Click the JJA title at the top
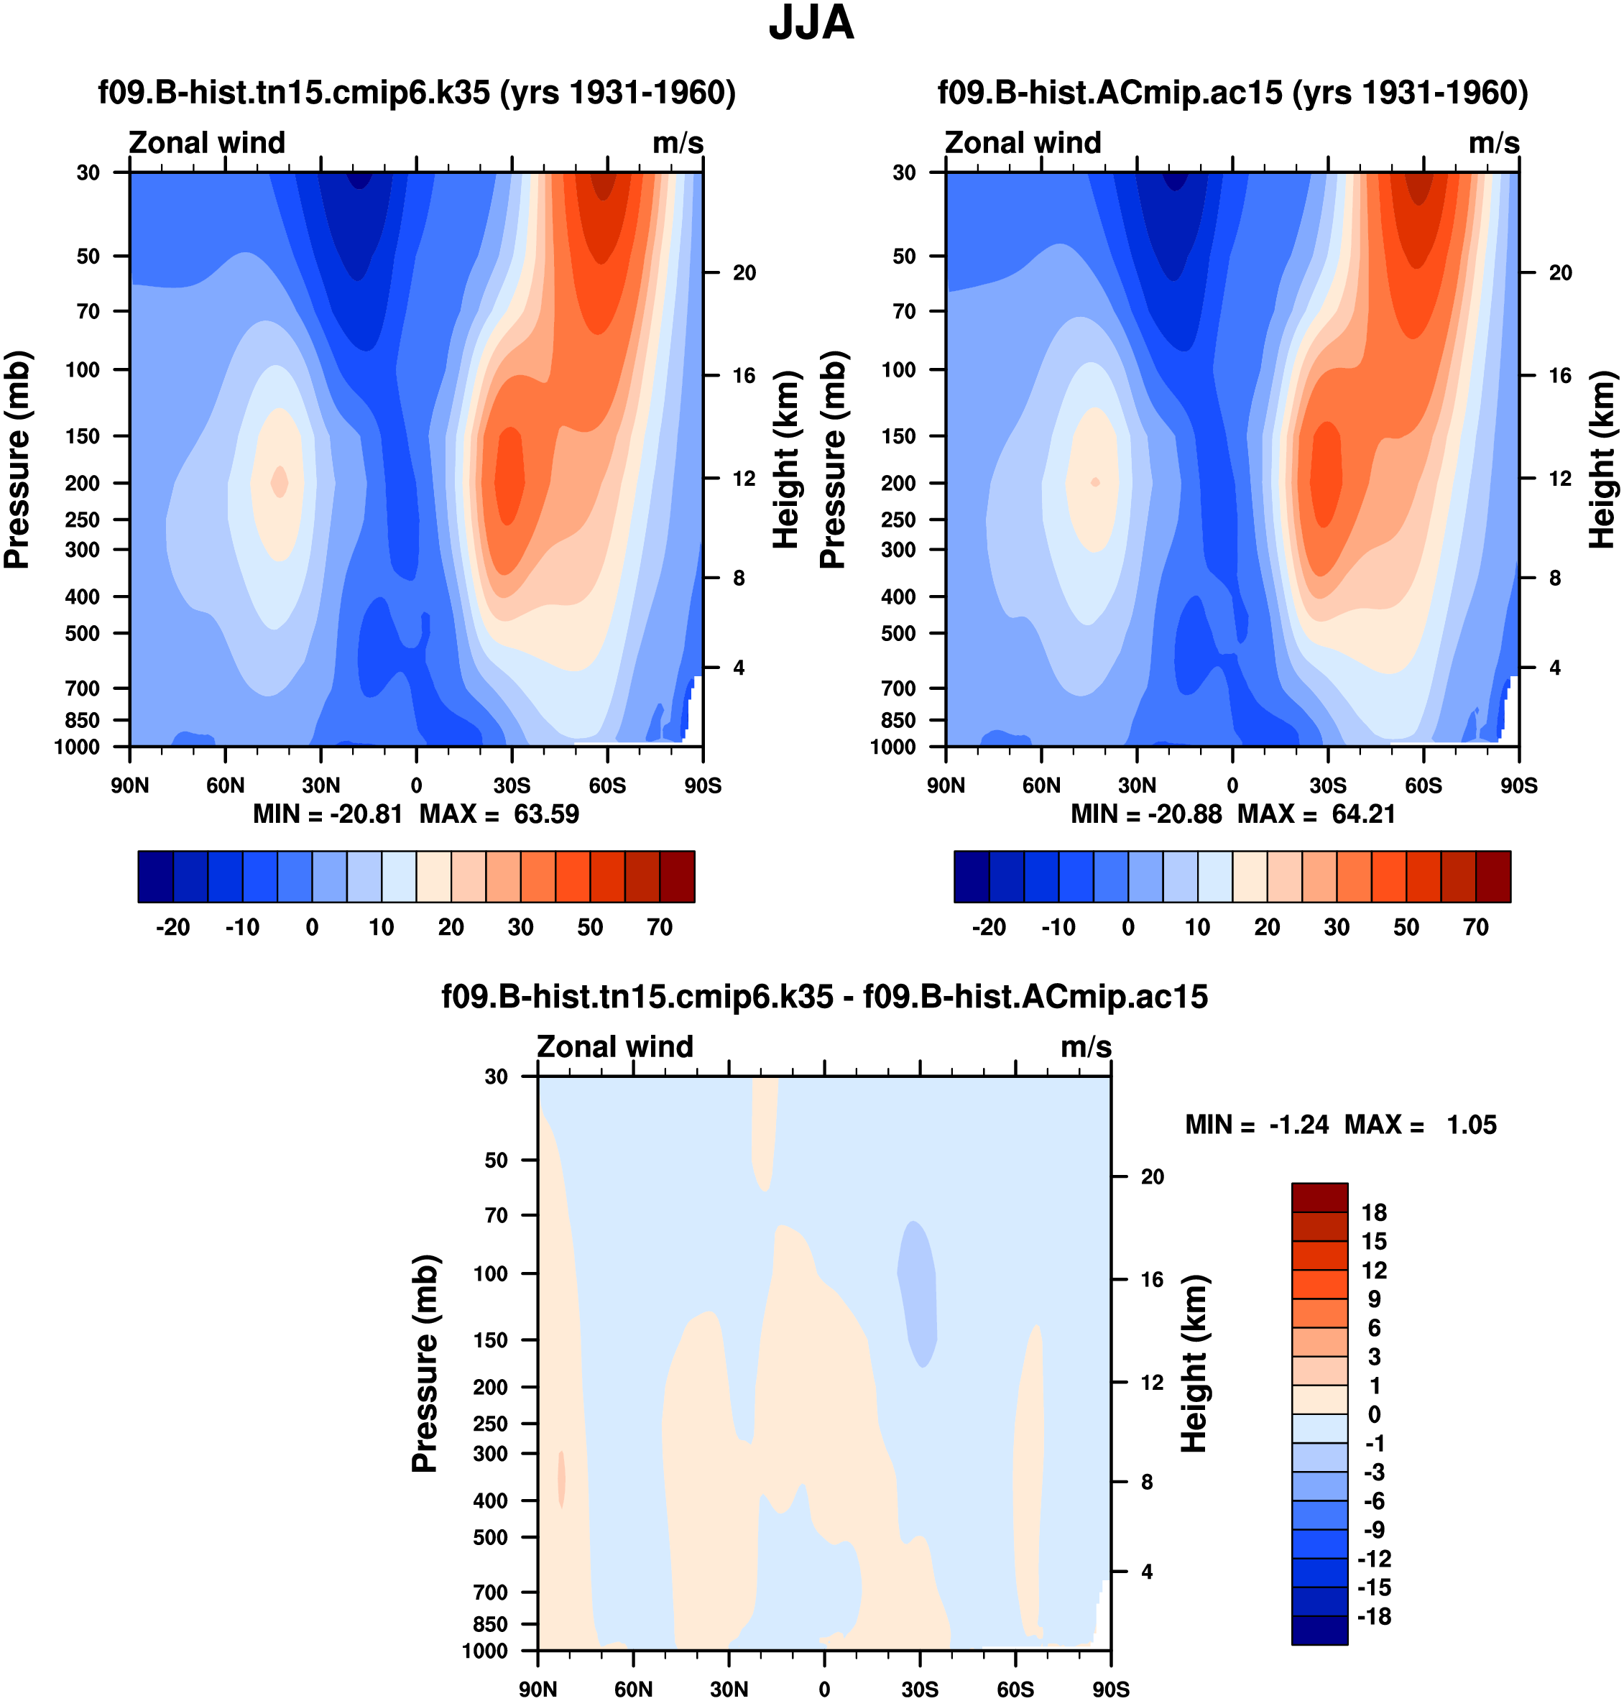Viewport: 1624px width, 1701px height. point(811,24)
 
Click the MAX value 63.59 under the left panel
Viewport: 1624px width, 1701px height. point(545,815)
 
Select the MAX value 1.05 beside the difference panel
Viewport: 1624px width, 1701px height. point(1471,1125)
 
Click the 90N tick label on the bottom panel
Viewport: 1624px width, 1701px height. point(538,1690)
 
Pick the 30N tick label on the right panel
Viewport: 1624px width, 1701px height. point(1137,786)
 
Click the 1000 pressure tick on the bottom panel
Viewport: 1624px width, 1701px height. point(485,1651)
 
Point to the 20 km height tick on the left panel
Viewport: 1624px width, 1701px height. point(744,272)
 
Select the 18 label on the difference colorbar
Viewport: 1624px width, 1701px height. point(1374,1213)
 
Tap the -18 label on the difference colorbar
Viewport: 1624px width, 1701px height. point(1374,1616)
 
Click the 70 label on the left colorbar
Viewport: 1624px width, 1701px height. point(660,927)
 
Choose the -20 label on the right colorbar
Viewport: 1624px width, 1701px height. point(989,927)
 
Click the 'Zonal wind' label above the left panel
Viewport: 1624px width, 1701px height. point(207,143)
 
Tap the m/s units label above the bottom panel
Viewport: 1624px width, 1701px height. point(1086,1046)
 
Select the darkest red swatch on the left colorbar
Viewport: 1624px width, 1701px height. point(677,877)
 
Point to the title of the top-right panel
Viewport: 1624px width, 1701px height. point(1232,93)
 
